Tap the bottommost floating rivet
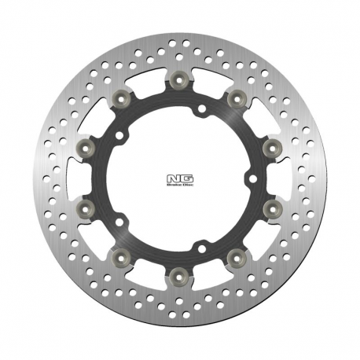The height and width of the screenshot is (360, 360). tap(180, 276)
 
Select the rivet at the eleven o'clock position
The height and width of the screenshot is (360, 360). tap(122, 97)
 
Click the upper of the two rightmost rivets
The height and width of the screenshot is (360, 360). tap(273, 147)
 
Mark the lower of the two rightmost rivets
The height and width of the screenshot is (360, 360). tap(273, 208)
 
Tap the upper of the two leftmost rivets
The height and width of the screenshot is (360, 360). tap(86, 147)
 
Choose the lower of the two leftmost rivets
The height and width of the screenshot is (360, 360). tap(86, 208)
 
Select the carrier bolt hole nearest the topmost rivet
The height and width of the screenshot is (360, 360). tap(201, 108)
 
